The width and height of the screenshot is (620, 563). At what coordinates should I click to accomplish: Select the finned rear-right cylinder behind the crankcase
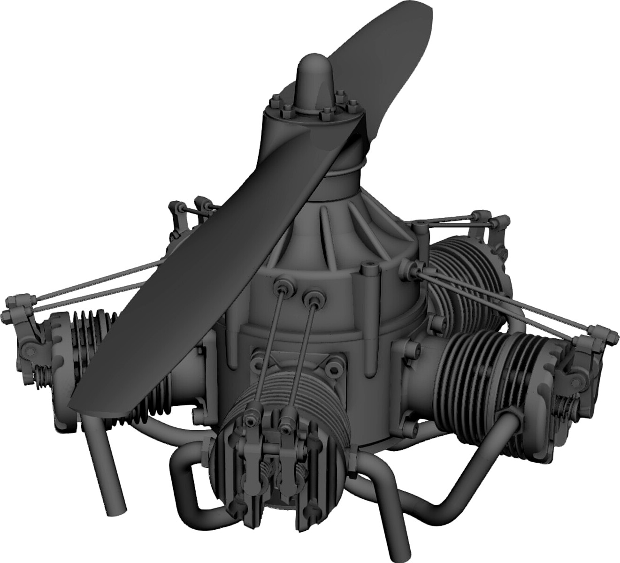tap(465, 272)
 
